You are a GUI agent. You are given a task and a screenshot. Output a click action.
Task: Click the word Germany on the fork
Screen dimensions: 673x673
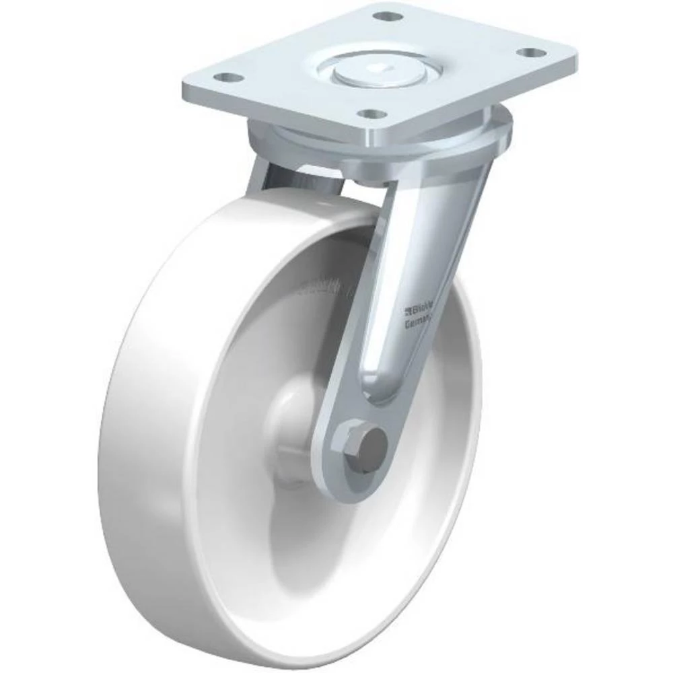pyautogui.click(x=419, y=323)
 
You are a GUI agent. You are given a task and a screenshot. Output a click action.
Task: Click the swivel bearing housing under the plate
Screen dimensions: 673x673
pyautogui.click(x=377, y=151)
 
